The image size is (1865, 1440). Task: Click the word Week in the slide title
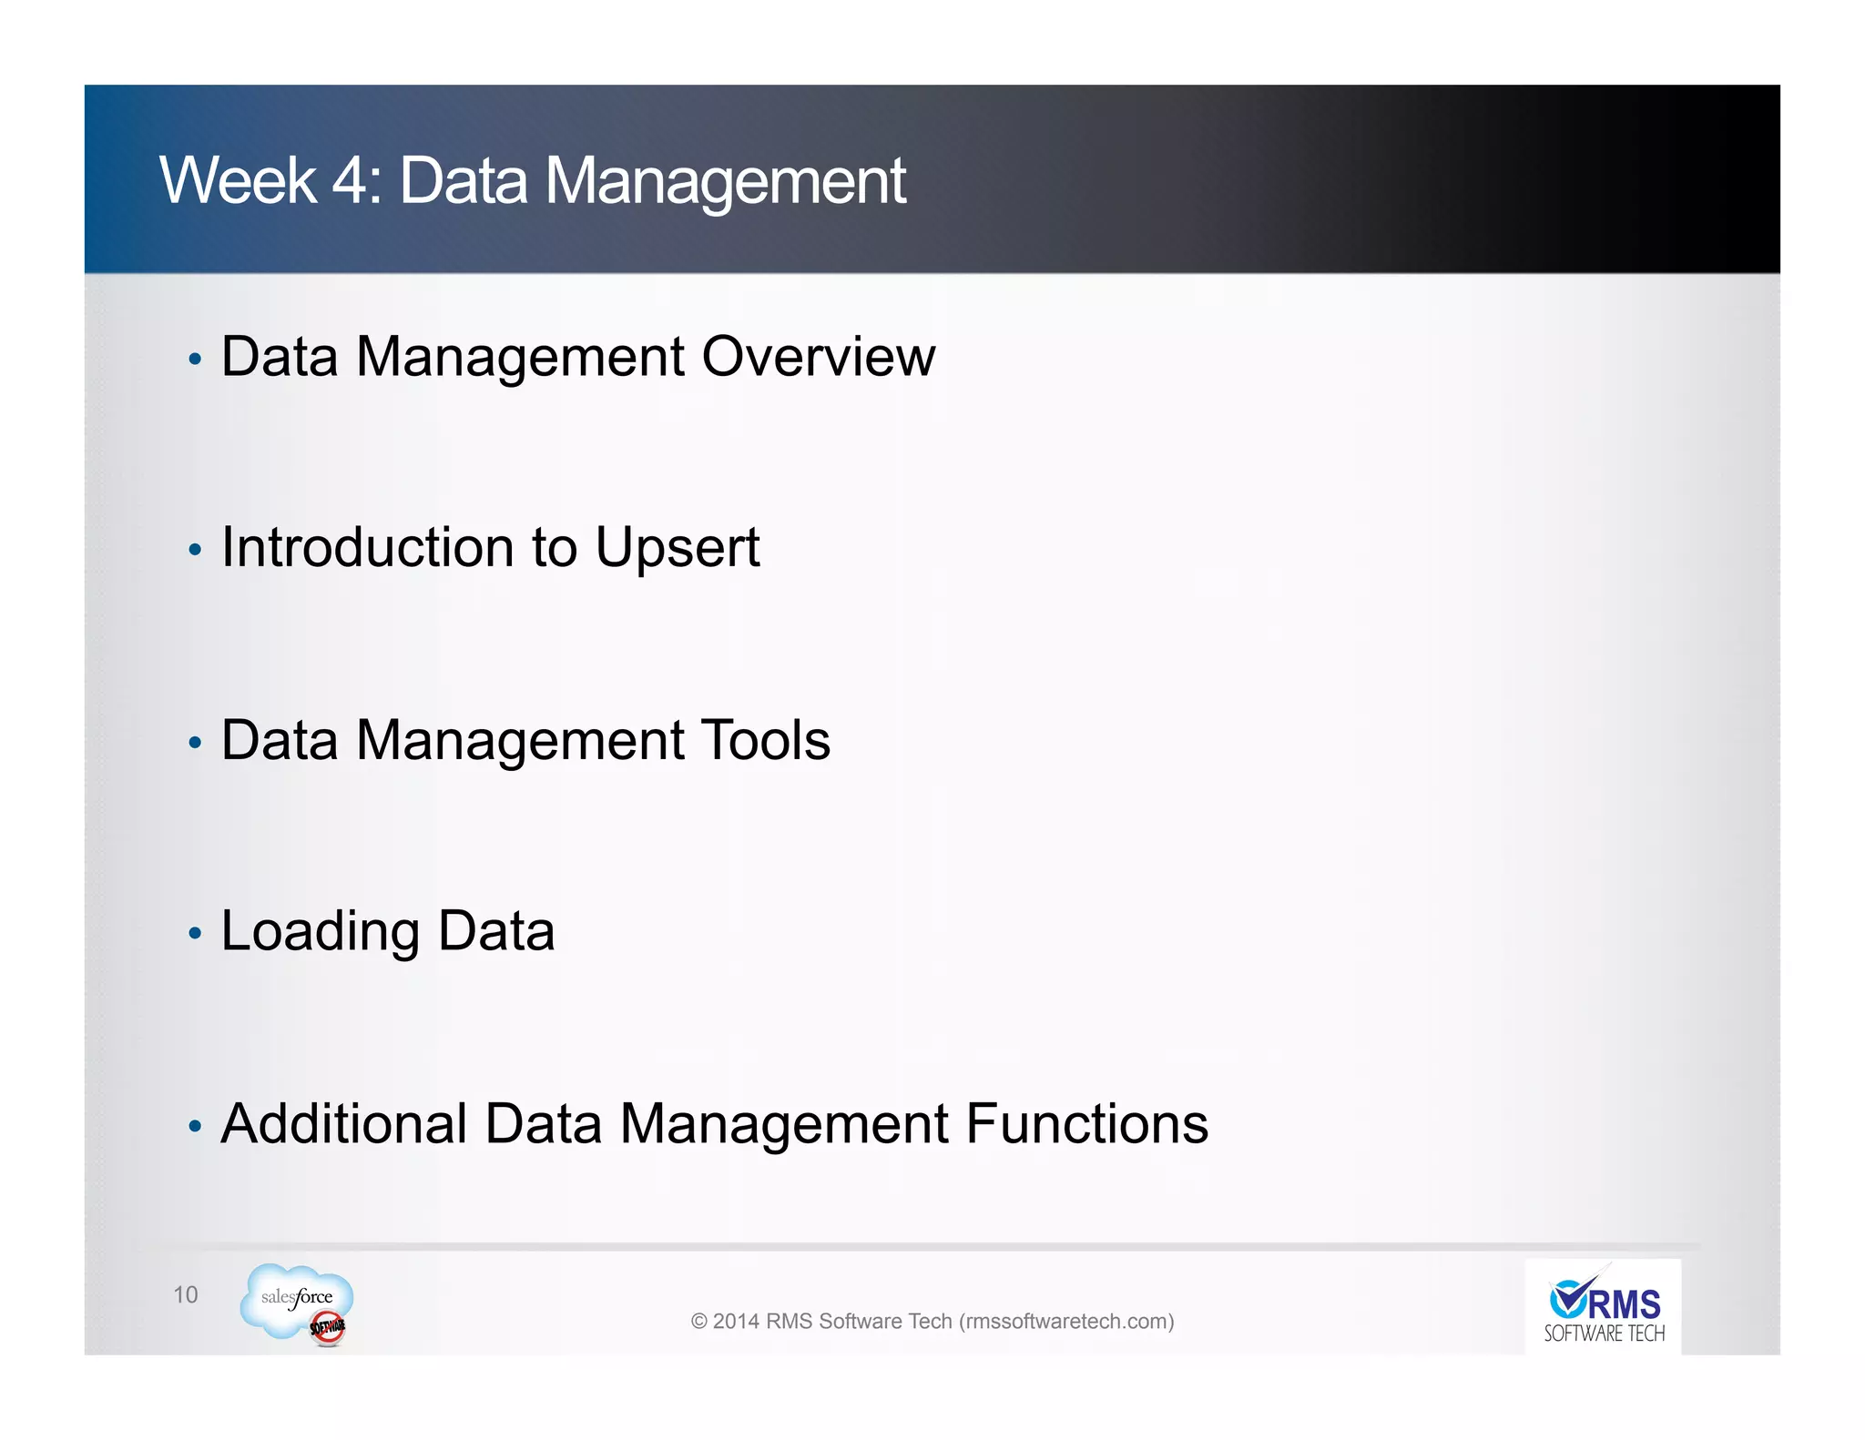[x=238, y=180]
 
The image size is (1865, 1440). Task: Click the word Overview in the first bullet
[x=818, y=356]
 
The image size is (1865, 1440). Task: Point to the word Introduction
[x=368, y=548]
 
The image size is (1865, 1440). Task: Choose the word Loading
[x=320, y=932]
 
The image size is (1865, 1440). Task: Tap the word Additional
[x=344, y=1123]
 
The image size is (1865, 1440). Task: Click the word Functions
[x=1086, y=1123]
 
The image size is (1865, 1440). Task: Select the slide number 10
[x=185, y=1294]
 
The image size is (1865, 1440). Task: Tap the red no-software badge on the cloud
[x=328, y=1328]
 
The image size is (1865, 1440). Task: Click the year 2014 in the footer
[x=736, y=1321]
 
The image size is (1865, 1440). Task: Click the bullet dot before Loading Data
[x=194, y=934]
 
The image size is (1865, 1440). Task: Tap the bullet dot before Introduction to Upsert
[x=194, y=550]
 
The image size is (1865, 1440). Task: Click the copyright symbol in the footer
[x=698, y=1321]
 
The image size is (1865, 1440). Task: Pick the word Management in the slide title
[x=725, y=180]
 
